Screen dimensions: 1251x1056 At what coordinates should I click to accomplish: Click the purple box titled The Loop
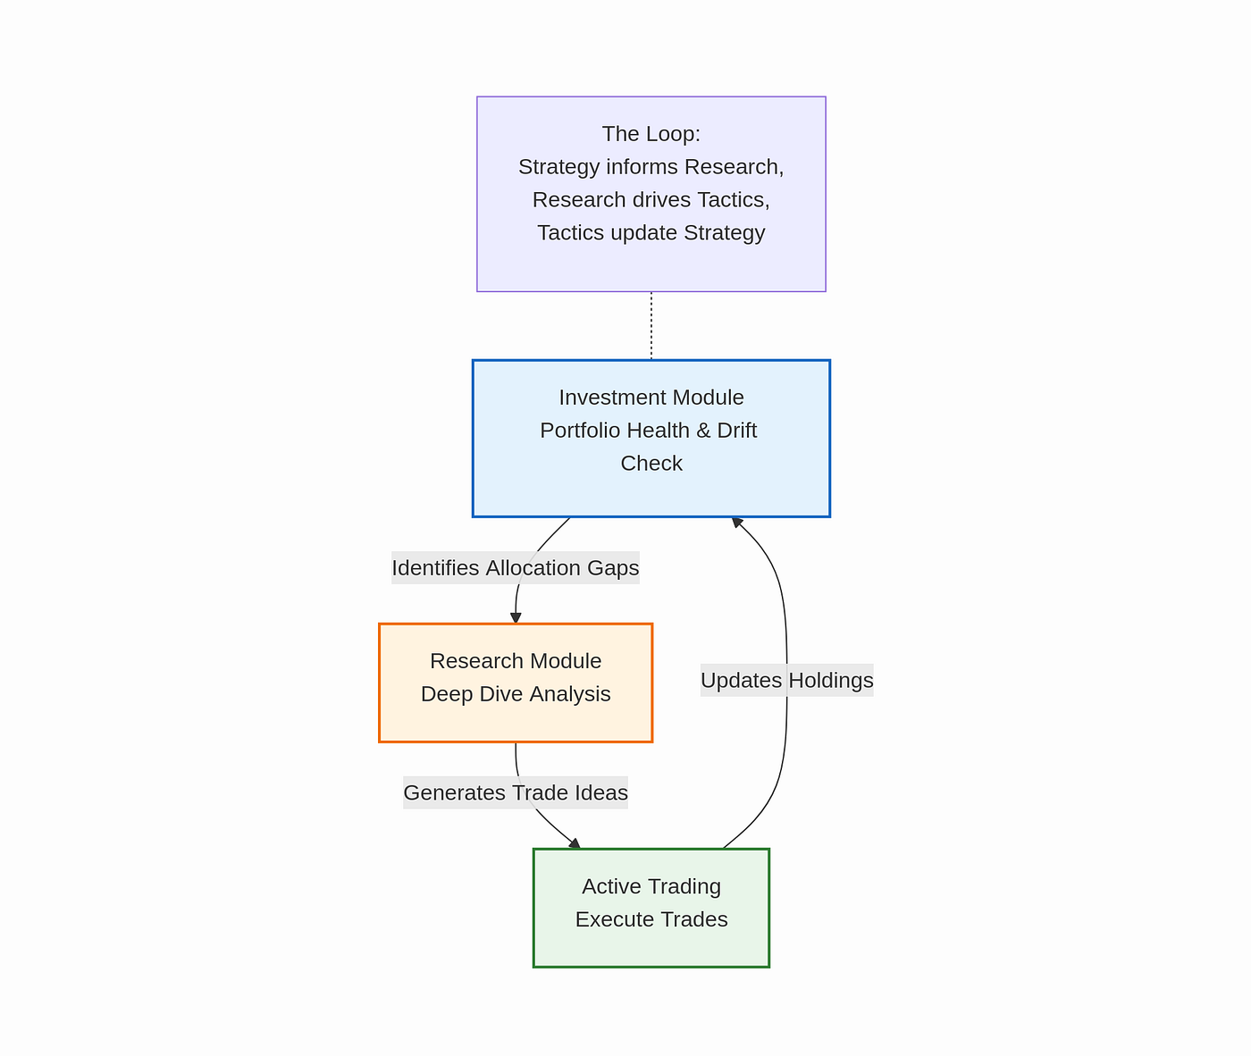click(x=651, y=194)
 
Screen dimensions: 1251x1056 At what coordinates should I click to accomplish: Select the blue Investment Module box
click(x=651, y=439)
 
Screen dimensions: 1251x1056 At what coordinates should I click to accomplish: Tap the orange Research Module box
click(x=516, y=683)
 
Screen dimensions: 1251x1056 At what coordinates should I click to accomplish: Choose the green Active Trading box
click(x=651, y=908)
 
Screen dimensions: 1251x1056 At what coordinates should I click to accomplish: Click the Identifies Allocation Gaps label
click(x=516, y=568)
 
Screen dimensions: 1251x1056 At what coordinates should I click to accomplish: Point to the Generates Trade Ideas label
click(x=516, y=792)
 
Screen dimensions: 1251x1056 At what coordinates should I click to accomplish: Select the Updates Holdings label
click(x=786, y=681)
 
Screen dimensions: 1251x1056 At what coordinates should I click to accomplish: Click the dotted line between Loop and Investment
click(x=651, y=326)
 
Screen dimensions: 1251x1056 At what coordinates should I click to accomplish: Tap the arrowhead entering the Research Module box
click(x=516, y=618)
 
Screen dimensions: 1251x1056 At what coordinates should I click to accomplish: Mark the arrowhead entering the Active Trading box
click(x=575, y=843)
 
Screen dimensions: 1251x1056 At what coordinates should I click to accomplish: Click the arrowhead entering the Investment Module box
click(x=737, y=523)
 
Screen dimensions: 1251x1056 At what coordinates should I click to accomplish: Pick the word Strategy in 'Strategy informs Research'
click(x=559, y=167)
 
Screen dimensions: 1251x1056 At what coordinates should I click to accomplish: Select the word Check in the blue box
click(x=651, y=464)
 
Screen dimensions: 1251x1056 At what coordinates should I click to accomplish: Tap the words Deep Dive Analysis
click(x=516, y=694)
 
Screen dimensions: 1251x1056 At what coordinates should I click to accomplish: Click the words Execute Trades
click(x=651, y=919)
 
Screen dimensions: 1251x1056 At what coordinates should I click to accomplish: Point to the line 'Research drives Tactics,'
click(x=651, y=200)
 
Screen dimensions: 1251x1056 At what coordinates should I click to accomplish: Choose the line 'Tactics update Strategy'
click(x=651, y=233)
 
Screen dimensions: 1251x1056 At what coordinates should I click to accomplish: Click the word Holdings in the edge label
click(x=831, y=681)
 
